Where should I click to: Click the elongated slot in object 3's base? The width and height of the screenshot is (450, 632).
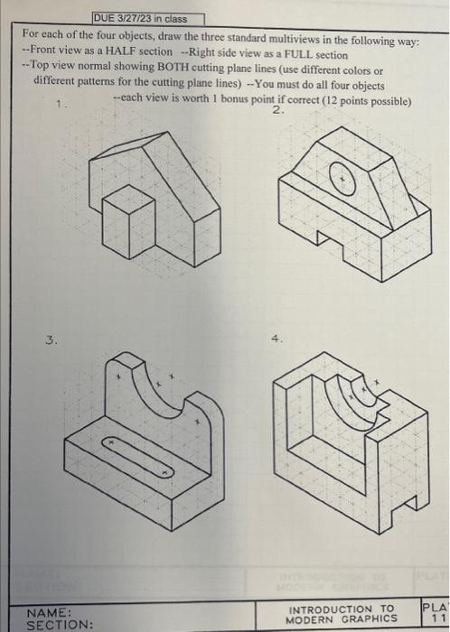pyautogui.click(x=137, y=454)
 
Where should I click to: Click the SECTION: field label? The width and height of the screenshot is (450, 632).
pyautogui.click(x=59, y=623)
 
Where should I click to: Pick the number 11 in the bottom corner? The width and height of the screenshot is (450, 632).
pyautogui.click(x=436, y=619)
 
